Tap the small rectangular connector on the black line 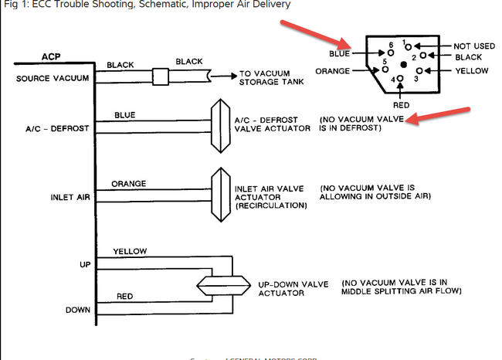click(161, 76)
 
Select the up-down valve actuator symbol click(222, 284)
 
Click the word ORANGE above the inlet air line click(128, 184)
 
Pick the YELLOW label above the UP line click(129, 251)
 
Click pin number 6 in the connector click(392, 46)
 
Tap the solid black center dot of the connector click(404, 63)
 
